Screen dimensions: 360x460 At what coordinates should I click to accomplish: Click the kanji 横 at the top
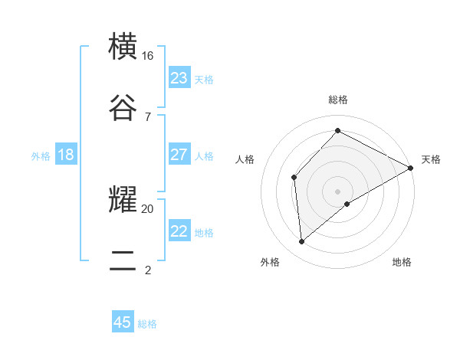(123, 47)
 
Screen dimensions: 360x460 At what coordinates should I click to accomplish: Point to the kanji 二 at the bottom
(123, 260)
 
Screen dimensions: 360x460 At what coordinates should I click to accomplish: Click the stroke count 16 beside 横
(148, 56)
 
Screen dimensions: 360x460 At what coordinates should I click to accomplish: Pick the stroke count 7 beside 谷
(147, 116)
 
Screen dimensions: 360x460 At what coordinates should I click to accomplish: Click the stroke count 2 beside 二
(147, 269)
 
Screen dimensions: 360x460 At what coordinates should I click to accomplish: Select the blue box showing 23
(179, 78)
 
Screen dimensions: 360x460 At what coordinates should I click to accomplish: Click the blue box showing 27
(179, 155)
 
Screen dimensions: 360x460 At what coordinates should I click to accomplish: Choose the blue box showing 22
(179, 231)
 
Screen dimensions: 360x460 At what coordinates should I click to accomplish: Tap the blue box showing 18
(66, 155)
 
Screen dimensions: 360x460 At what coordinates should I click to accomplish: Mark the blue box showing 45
(123, 322)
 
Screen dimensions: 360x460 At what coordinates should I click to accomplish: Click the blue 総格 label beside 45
(147, 324)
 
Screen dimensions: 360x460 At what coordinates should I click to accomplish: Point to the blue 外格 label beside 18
(41, 156)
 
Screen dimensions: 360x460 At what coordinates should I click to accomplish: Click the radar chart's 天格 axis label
(431, 159)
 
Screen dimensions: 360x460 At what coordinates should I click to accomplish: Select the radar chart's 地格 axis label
(402, 262)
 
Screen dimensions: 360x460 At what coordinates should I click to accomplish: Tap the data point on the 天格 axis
(411, 168)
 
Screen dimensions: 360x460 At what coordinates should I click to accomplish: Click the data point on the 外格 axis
(302, 241)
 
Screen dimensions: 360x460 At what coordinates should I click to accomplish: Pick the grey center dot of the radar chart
(338, 191)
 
